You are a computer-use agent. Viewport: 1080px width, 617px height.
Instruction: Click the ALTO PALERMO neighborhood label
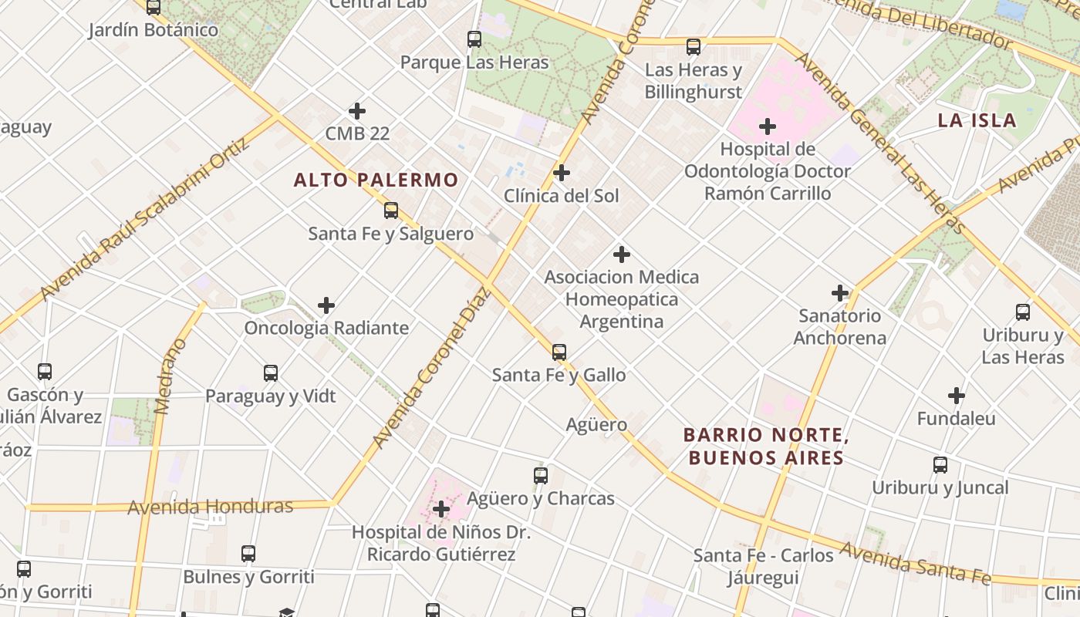coord(376,180)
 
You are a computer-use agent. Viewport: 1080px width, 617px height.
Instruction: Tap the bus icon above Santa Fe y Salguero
coord(391,210)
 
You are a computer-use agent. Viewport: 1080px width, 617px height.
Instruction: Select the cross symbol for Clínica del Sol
coord(562,173)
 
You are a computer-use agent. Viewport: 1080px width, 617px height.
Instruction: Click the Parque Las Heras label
coord(474,62)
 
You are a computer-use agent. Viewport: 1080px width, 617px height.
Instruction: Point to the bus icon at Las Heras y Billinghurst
coord(694,47)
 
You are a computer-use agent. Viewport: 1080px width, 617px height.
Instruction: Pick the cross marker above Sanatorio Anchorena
coord(840,293)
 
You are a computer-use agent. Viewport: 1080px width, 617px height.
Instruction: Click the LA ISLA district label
coord(977,120)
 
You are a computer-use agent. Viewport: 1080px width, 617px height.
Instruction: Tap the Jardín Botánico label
coord(153,30)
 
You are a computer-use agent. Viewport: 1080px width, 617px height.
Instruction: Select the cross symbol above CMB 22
coord(356,111)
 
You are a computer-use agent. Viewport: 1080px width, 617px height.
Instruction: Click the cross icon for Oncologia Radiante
coord(326,305)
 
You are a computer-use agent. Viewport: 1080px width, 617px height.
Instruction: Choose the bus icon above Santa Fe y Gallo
coord(559,352)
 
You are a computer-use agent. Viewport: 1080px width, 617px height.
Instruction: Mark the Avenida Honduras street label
coord(210,507)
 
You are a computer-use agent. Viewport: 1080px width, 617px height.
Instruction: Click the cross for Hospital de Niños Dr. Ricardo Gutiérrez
coord(441,509)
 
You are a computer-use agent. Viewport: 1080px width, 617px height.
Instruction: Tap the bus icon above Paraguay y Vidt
coord(271,373)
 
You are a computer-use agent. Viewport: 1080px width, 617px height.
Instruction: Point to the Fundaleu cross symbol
coord(957,396)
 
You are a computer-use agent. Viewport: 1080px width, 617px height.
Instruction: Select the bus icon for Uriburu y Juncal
coord(940,465)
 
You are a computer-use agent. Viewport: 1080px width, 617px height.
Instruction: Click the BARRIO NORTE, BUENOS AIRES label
coord(766,447)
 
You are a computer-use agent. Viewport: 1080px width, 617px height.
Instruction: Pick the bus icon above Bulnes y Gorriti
coord(248,554)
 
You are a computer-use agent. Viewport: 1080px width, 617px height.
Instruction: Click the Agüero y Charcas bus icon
coord(541,476)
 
